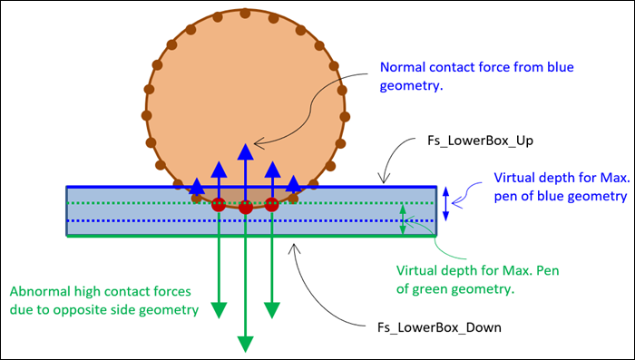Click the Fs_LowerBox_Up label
point(472,141)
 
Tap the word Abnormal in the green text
point(38,292)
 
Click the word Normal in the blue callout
point(402,68)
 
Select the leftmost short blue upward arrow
point(196,188)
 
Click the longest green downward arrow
point(245,290)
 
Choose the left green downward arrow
point(218,272)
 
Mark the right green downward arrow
point(271,272)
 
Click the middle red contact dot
point(245,209)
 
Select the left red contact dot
point(219,206)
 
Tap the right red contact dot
point(271,205)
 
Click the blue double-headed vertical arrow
point(444,203)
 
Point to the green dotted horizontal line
point(136,203)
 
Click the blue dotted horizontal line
point(136,220)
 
